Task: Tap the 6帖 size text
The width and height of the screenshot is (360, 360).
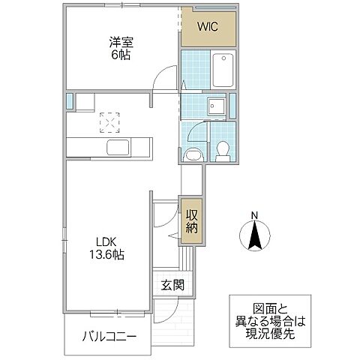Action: click(x=119, y=55)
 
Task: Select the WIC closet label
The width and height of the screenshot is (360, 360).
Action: click(x=208, y=28)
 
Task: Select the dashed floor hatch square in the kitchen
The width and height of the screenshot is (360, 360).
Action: click(x=110, y=121)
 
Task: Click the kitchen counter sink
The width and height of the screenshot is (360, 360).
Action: click(x=118, y=146)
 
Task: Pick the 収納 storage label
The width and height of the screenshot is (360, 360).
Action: click(x=191, y=218)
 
